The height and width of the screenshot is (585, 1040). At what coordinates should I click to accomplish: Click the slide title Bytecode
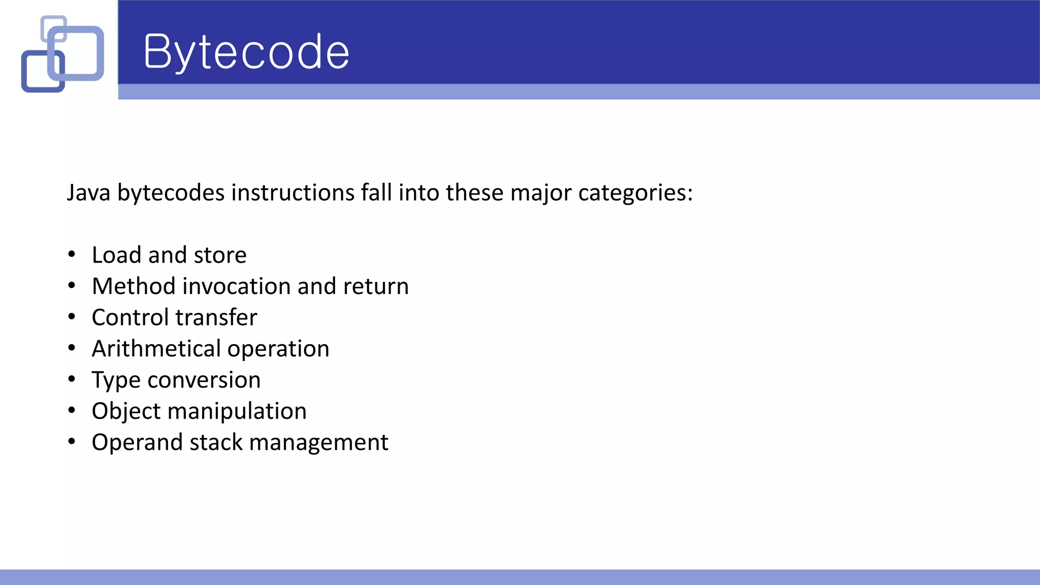coord(246,52)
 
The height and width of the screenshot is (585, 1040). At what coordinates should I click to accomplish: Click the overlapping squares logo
coord(62,54)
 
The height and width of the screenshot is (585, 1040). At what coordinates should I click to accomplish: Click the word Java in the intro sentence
coord(88,193)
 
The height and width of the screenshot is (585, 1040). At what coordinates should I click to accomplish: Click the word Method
coord(134,286)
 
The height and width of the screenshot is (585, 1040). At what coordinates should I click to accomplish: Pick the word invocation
coord(237,286)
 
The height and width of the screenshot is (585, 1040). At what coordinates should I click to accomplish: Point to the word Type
coord(116,380)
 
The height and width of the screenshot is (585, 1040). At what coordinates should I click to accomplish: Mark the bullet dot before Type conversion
coord(72,379)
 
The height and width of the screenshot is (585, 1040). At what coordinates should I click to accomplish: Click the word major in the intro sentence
coord(540,193)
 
